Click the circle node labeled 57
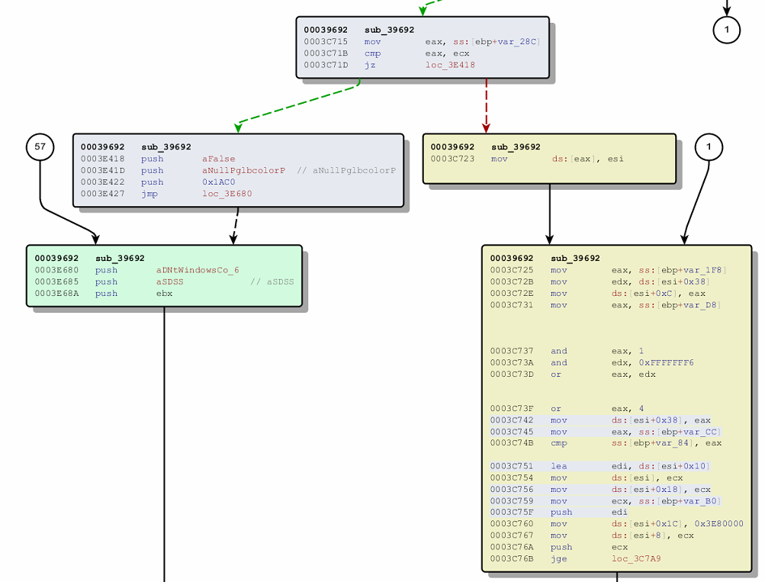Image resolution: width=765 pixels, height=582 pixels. (40, 146)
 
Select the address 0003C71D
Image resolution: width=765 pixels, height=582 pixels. (326, 65)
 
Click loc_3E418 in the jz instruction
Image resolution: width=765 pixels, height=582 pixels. (450, 65)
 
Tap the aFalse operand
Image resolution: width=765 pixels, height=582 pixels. (219, 159)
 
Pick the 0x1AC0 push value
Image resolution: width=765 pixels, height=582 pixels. (219, 182)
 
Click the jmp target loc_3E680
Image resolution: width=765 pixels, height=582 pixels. (227, 193)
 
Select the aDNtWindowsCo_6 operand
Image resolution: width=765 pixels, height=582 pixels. (198, 270)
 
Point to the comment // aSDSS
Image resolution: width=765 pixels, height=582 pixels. (272, 281)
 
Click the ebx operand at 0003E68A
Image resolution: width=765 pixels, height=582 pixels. (164, 293)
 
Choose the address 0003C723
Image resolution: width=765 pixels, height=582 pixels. (452, 159)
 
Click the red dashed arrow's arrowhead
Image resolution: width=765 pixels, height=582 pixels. (486, 127)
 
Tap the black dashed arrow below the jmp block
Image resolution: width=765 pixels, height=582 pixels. (235, 226)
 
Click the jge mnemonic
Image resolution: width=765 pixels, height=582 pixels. (558, 558)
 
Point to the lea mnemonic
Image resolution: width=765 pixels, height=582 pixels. (558, 466)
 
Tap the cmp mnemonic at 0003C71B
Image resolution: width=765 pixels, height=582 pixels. (372, 53)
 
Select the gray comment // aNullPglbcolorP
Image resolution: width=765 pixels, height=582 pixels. (346, 170)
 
